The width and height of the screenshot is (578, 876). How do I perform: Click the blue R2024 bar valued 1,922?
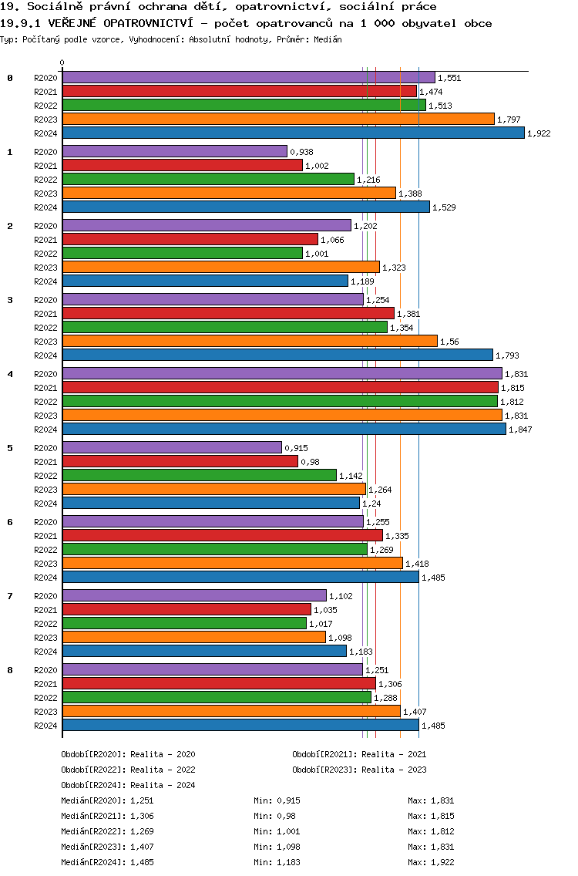[x=293, y=133]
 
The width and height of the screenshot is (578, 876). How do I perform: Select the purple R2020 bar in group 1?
[x=174, y=151]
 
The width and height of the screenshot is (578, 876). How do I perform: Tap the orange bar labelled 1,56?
[x=250, y=341]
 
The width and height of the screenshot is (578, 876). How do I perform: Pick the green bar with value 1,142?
[x=199, y=475]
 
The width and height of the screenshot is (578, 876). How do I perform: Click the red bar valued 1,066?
[x=190, y=239]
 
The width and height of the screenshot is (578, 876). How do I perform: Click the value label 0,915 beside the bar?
[x=296, y=448]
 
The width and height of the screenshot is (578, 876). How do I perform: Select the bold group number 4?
[x=10, y=374]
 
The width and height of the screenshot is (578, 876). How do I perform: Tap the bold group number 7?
[x=10, y=596]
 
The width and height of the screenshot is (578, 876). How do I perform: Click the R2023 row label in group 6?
[x=45, y=564]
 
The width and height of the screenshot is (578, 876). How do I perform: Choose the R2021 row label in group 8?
[x=45, y=684]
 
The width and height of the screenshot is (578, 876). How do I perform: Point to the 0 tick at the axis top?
[x=62, y=63]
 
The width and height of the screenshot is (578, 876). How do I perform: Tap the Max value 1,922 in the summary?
[x=442, y=862]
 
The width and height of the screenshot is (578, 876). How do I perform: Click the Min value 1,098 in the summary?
[x=288, y=847]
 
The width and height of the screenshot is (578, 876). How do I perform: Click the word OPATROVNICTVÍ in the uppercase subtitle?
[x=145, y=23]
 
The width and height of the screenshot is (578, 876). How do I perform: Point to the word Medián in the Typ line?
[x=327, y=39]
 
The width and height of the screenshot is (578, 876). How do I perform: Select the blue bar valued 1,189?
[x=205, y=281]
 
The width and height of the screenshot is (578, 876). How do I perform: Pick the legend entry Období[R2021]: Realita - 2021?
[x=359, y=754]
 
